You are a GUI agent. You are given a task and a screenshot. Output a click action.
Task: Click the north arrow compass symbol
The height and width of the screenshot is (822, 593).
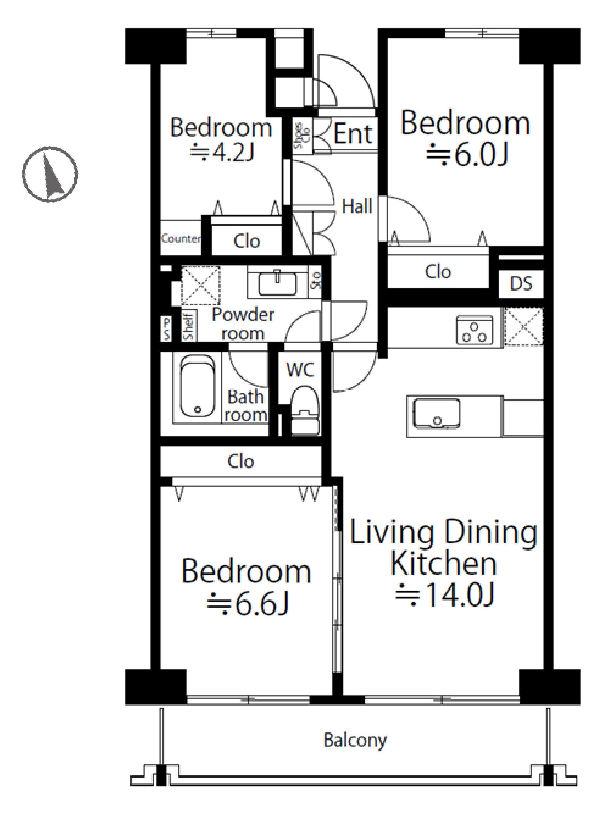pos(50,175)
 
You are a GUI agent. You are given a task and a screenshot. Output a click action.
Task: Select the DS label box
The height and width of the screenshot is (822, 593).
pos(521,283)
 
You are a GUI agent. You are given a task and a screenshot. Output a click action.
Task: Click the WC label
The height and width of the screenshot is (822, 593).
pos(300,370)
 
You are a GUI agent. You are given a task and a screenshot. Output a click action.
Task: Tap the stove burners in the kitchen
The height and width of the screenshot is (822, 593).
pos(474,330)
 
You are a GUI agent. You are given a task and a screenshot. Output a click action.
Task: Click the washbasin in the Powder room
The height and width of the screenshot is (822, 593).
pos(278,283)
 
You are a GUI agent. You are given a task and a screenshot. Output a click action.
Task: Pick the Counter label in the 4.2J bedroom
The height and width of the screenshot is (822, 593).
pos(181,239)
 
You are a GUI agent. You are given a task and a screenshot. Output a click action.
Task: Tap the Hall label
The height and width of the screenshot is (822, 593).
pos(357,207)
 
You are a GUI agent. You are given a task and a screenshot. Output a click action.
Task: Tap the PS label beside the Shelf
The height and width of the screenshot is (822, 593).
pos(166,329)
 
